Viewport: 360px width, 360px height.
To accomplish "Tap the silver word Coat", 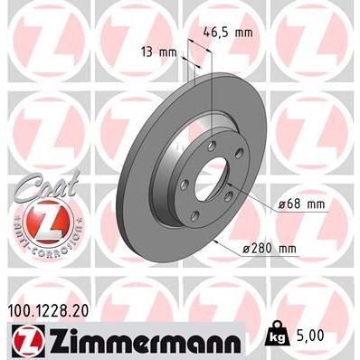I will (39, 184).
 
